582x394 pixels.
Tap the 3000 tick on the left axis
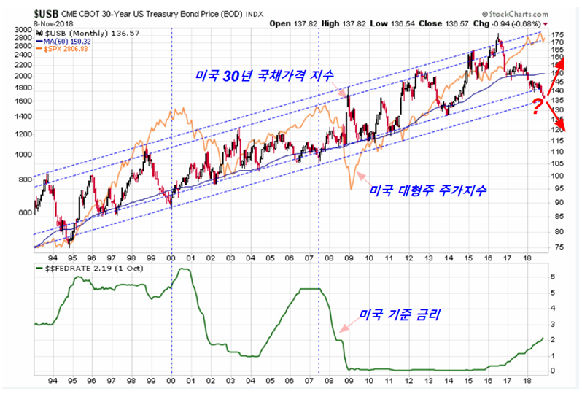22,28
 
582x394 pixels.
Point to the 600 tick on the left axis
25,212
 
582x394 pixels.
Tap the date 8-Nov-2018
28,23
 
